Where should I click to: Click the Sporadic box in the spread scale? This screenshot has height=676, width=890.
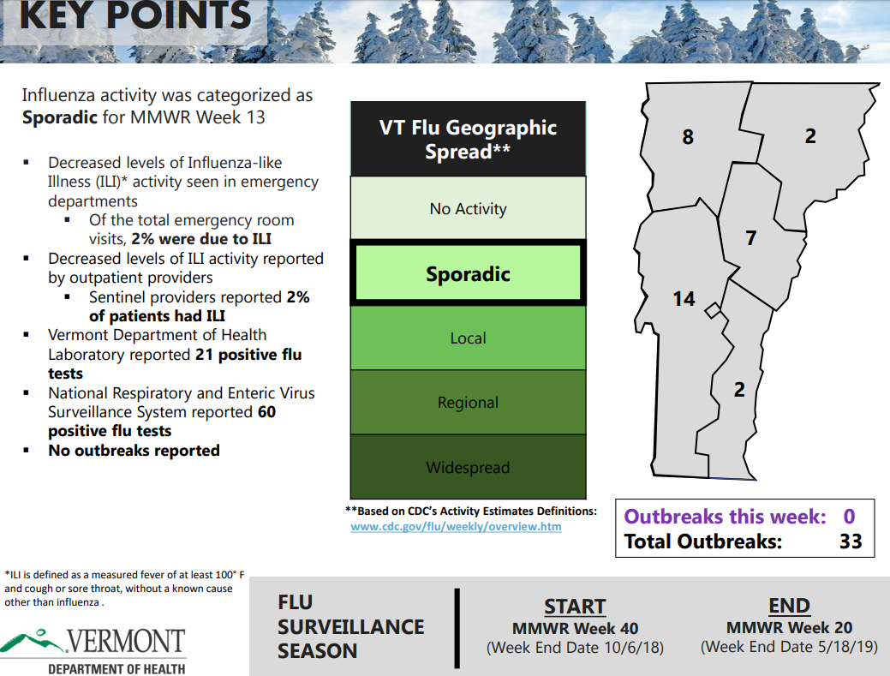(469, 273)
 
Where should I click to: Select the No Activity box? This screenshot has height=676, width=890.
(469, 207)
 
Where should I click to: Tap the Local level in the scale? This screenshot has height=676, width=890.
(469, 338)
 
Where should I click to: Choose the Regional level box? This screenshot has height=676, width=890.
(469, 403)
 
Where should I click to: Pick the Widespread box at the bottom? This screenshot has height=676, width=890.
(469, 467)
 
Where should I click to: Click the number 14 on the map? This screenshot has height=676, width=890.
(684, 299)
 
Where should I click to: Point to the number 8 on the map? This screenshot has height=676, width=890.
(687, 137)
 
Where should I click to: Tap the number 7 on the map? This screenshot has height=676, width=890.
(751, 238)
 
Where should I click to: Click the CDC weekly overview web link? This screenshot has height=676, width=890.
(456, 527)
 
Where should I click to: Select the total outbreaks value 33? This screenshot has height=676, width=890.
(851, 541)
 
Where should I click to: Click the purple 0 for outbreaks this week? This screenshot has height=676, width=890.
(849, 517)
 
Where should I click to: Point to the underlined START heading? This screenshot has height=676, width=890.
(575, 607)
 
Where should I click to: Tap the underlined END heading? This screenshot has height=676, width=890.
(789, 606)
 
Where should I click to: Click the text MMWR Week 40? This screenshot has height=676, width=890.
(575, 629)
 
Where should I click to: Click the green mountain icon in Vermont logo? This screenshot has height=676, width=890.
(32, 641)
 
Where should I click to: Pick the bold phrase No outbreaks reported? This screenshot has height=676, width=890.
(134, 451)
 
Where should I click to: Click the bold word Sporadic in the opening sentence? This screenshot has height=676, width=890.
(60, 117)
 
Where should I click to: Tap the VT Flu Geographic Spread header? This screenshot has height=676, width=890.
(469, 139)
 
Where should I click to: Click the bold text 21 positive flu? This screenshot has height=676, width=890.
(248, 355)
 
